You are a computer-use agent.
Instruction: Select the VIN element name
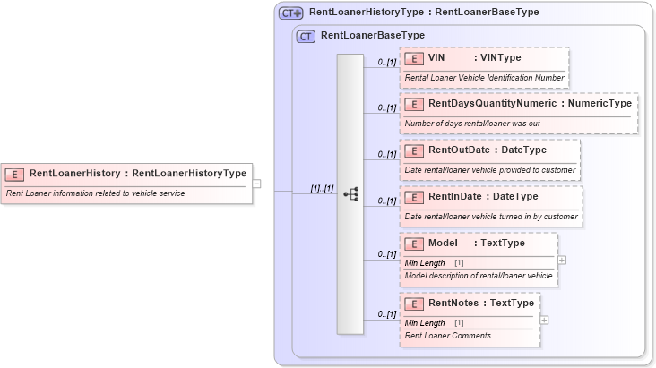[x=437, y=58]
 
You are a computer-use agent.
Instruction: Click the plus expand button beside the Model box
[x=562, y=260]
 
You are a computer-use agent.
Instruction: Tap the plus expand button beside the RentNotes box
[x=544, y=320]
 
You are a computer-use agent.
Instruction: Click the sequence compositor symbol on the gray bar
[x=350, y=193]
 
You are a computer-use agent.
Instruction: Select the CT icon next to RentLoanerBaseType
[x=306, y=37]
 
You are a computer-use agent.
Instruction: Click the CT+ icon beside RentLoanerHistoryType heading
[x=290, y=13]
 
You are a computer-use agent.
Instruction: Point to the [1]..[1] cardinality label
[x=322, y=189]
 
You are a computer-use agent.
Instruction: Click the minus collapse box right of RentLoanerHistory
[x=256, y=184]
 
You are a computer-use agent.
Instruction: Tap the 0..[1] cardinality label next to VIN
[x=386, y=63]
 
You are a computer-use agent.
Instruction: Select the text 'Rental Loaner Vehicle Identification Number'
[x=484, y=78]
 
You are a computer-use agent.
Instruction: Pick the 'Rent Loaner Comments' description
[x=448, y=336]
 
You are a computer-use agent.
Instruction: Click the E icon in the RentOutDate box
[x=414, y=150]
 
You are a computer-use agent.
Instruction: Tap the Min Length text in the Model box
[x=425, y=262]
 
